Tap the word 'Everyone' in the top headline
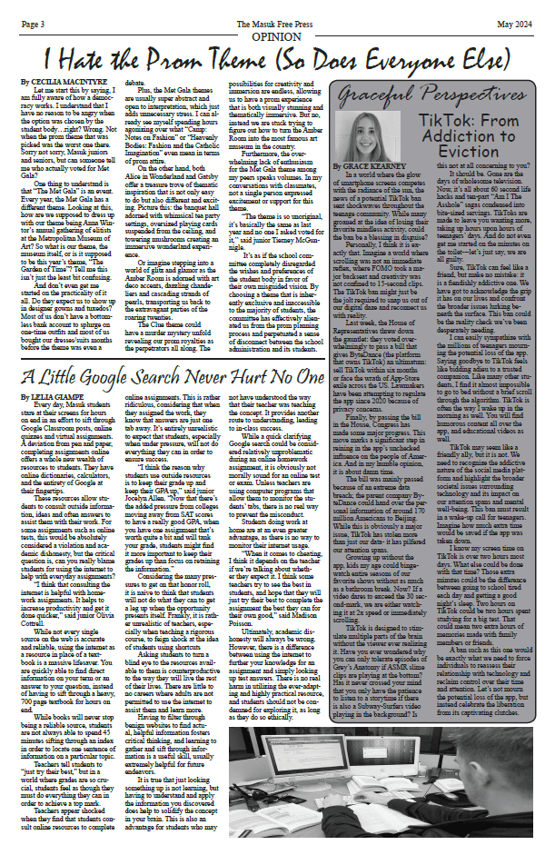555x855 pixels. tap(446, 57)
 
